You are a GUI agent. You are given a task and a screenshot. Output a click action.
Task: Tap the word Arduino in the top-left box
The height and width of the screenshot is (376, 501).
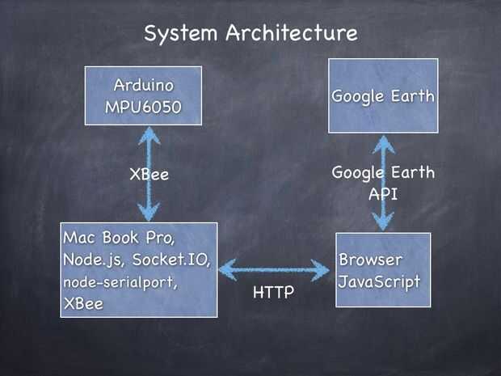pos(145,84)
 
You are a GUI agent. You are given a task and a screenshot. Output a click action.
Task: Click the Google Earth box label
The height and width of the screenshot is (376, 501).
pos(383,96)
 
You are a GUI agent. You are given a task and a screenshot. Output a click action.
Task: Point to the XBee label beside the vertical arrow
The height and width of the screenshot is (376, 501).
pos(149,174)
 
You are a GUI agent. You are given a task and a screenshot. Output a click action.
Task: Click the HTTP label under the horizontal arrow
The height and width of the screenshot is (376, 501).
pos(273,293)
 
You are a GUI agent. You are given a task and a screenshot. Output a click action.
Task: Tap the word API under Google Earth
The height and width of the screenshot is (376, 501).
pos(383,194)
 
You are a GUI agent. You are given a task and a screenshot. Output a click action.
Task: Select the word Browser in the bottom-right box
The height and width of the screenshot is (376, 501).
pos(371,260)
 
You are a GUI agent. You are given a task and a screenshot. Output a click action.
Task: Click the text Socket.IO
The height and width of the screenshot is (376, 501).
pos(171,260)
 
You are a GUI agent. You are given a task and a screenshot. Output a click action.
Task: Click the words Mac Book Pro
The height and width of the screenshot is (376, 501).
pos(119,239)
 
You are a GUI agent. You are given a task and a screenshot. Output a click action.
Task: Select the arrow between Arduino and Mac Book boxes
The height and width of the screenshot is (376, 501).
pos(149,174)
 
